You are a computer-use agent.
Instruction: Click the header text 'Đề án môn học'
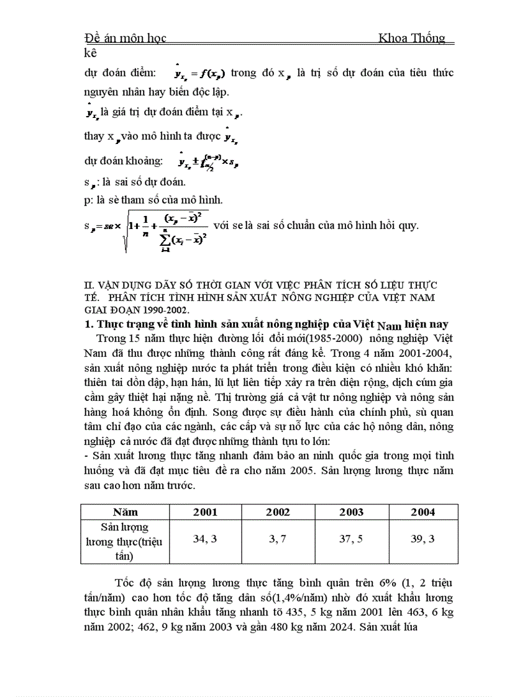point(125,38)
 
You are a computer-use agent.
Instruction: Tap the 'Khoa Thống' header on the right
point(412,38)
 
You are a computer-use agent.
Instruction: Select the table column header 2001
point(205,512)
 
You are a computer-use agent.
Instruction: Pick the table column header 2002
point(278,512)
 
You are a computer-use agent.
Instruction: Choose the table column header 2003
point(351,512)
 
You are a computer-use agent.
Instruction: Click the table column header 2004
point(422,512)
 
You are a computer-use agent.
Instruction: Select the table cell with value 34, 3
point(205,539)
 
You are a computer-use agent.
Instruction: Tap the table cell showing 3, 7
point(278,539)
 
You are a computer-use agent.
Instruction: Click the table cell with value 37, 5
point(351,539)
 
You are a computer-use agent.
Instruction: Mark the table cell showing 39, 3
point(422,539)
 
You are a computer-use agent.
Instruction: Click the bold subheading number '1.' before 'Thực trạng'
point(88,324)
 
